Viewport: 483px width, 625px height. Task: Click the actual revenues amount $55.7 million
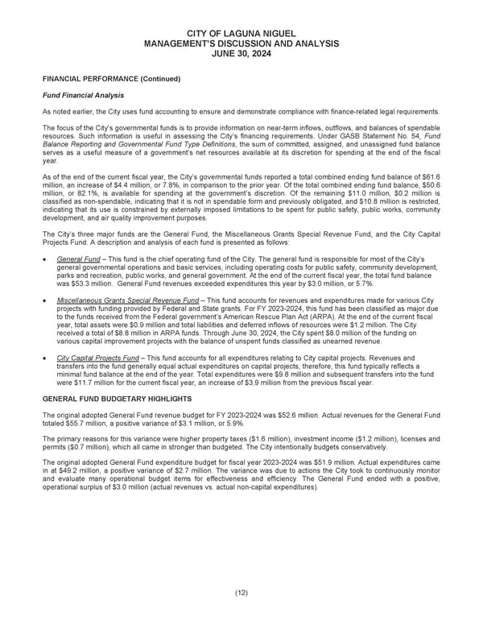point(68,423)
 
